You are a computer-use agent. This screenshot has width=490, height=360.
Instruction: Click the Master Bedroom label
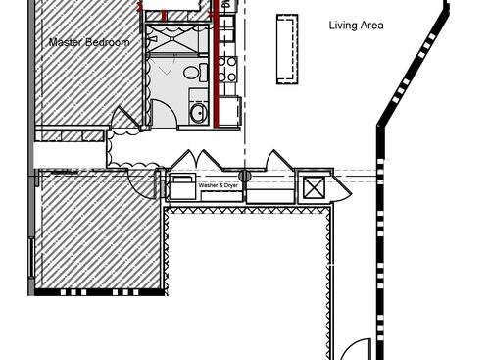[89, 42]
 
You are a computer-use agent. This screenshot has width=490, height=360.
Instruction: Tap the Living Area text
[356, 26]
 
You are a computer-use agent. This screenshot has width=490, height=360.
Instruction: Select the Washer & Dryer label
[219, 184]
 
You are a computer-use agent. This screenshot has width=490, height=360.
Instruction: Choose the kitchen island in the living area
[287, 49]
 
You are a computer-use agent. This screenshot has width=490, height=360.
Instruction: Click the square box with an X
[315, 188]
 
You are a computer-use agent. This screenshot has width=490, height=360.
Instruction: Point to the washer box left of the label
[183, 186]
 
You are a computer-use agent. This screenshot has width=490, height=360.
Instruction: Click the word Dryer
[230, 184]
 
